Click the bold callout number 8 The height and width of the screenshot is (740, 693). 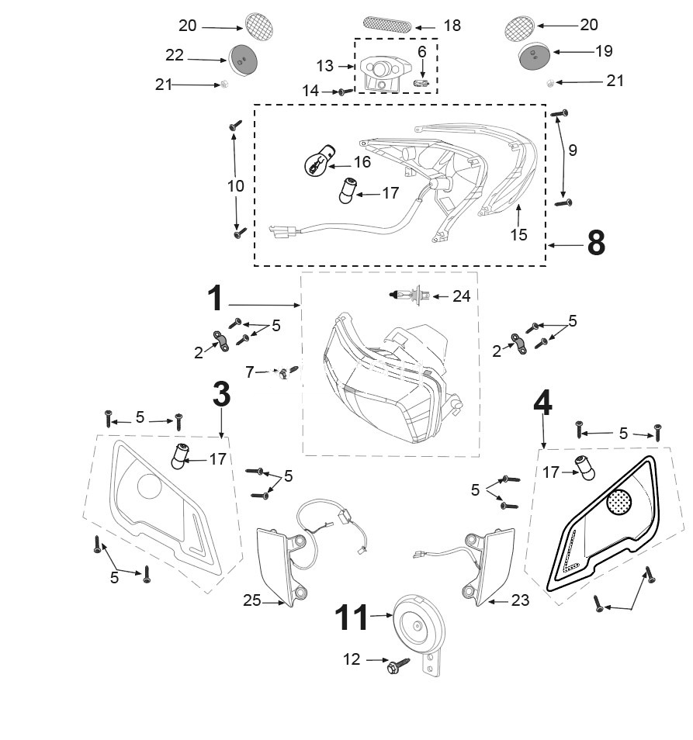(595, 244)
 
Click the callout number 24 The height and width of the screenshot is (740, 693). (461, 296)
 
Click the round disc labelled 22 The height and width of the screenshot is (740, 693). (242, 58)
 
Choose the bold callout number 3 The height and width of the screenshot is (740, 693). (221, 394)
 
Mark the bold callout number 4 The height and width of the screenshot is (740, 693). (542, 403)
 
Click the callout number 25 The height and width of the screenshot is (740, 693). (251, 600)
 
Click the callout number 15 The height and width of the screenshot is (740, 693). (518, 234)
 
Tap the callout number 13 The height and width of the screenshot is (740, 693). (324, 64)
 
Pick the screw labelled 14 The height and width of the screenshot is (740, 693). (341, 92)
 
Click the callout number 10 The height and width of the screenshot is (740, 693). (236, 186)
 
